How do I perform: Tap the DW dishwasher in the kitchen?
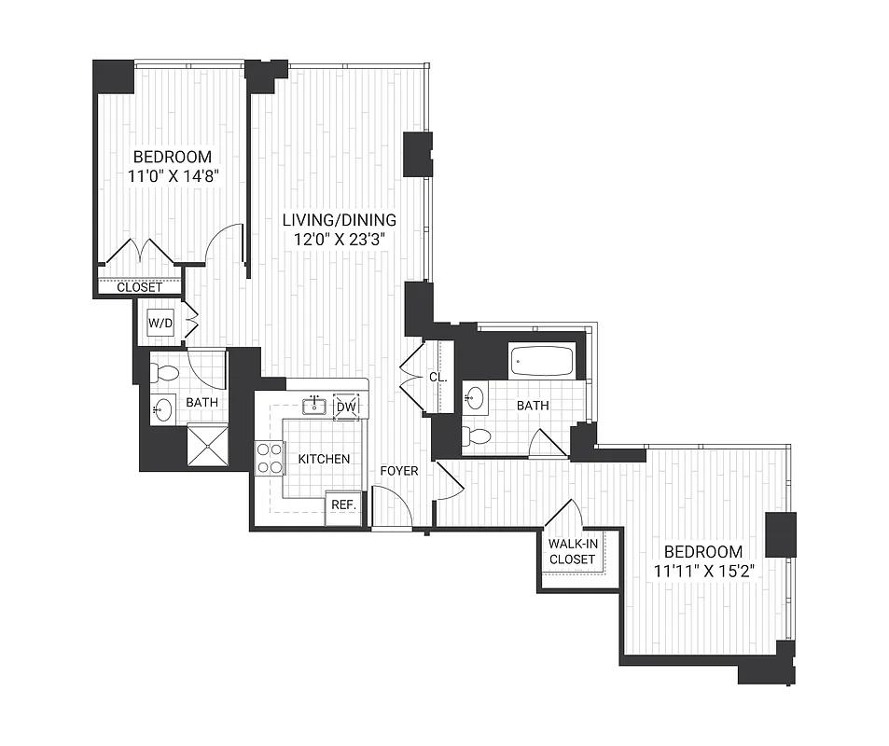pyautogui.click(x=346, y=407)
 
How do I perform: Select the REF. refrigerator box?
pyautogui.click(x=342, y=504)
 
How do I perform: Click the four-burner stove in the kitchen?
pyautogui.click(x=270, y=458)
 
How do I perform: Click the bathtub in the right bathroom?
pyautogui.click(x=541, y=362)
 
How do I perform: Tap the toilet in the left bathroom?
pyautogui.click(x=166, y=374)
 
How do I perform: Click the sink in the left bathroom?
pyautogui.click(x=163, y=410)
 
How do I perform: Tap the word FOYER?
pyautogui.click(x=398, y=471)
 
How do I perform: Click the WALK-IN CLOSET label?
pyautogui.click(x=572, y=551)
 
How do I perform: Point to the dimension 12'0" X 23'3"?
pyautogui.click(x=340, y=240)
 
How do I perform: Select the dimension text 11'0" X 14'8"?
pyautogui.click(x=172, y=175)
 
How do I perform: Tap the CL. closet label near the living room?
pyautogui.click(x=438, y=379)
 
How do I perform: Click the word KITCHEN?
pyautogui.click(x=324, y=459)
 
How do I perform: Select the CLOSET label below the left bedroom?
pyautogui.click(x=139, y=287)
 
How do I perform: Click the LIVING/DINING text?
pyautogui.click(x=340, y=220)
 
